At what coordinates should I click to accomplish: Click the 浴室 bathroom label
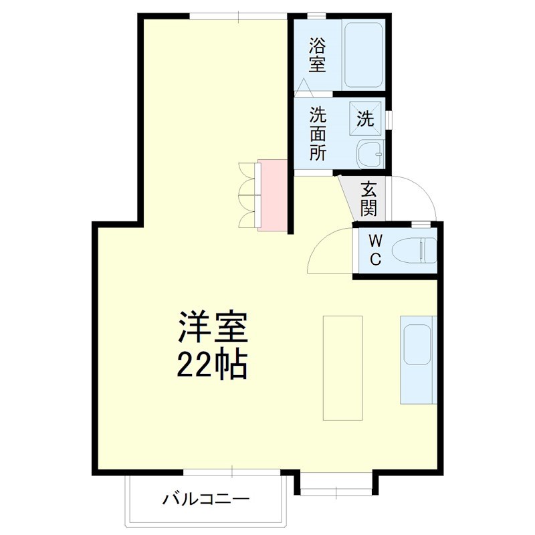click(x=316, y=56)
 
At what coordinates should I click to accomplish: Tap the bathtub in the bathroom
click(x=363, y=54)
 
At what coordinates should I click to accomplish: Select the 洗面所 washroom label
click(x=317, y=133)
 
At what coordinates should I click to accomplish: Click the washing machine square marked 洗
click(x=366, y=119)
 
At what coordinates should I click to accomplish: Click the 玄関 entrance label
click(x=368, y=199)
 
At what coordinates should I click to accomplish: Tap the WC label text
click(x=375, y=250)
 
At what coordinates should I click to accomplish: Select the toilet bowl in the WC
click(x=414, y=251)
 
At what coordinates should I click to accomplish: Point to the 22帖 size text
click(x=213, y=364)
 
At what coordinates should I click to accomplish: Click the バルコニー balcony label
click(x=206, y=499)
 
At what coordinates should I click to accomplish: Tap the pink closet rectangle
click(x=273, y=195)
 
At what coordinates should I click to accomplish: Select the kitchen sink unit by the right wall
click(x=419, y=359)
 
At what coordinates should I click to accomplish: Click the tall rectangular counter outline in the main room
click(x=343, y=367)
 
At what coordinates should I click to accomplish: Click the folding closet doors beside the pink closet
click(x=248, y=195)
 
